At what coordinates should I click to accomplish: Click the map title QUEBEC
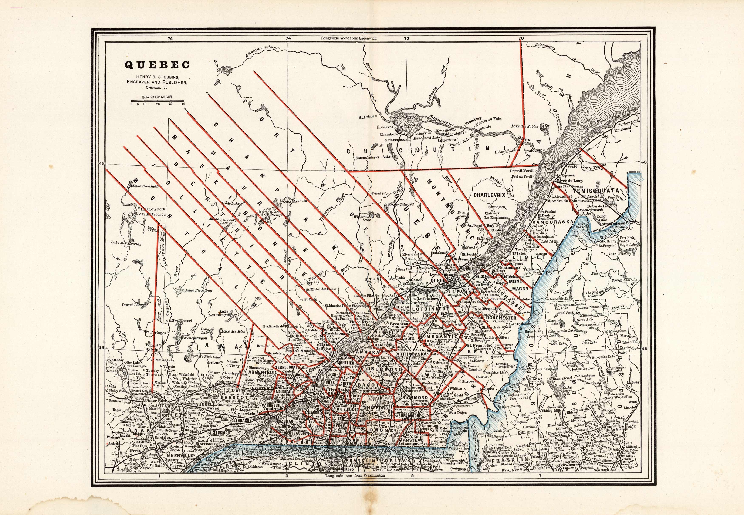[157, 65]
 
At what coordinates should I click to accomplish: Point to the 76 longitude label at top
[170, 38]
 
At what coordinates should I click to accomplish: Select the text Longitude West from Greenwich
[349, 38]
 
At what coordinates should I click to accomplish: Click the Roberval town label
[385, 127]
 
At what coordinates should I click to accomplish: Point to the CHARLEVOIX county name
[489, 195]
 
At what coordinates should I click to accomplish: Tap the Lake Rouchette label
[145, 186]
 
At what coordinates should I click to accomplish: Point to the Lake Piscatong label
[199, 290]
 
